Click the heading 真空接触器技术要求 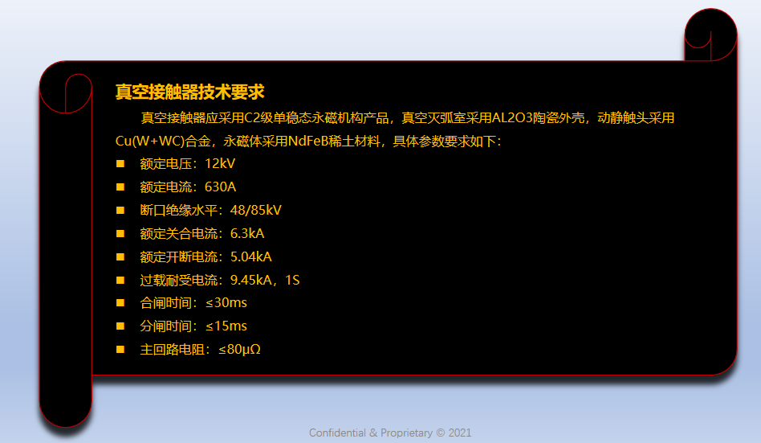point(189,92)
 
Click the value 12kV point(220,163)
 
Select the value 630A point(220,187)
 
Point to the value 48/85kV point(256,210)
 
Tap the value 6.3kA point(247,233)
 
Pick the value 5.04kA point(251,256)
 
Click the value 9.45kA point(251,280)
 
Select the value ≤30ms point(226,303)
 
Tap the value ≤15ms point(226,326)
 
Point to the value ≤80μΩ point(239,349)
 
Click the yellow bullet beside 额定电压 point(120,164)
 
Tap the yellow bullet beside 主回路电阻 point(120,349)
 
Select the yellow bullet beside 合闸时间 point(120,303)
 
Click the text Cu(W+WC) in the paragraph point(150,141)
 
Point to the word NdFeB point(308,141)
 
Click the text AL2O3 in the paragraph point(512,117)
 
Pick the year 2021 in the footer point(460,433)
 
